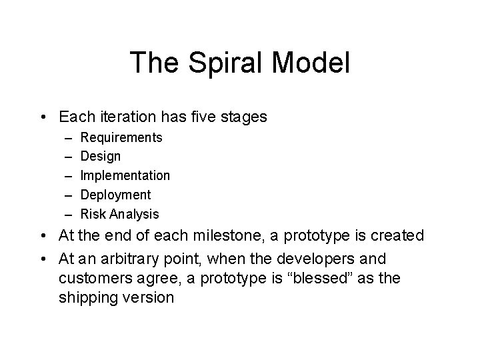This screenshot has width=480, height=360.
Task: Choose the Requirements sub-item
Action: click(x=121, y=137)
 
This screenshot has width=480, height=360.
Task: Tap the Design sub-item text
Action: click(x=101, y=157)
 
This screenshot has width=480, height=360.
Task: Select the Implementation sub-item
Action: click(x=125, y=176)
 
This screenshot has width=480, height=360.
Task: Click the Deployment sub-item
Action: click(x=116, y=195)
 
